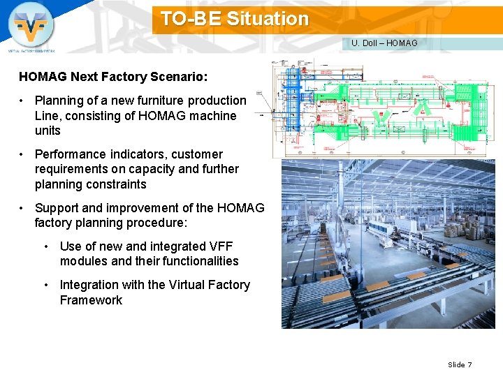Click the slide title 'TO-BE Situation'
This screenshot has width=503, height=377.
[234, 19]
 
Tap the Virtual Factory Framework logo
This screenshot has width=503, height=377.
[31, 26]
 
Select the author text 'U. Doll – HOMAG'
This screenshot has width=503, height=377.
[384, 43]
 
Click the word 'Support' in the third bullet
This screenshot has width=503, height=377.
[57, 208]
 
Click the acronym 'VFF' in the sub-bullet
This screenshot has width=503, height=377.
[221, 246]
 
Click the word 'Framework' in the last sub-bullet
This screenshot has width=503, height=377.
[91, 300]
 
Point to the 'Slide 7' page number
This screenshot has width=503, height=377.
[460, 364]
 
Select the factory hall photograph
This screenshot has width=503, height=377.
[387, 244]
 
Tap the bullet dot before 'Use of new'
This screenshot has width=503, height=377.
[47, 246]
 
